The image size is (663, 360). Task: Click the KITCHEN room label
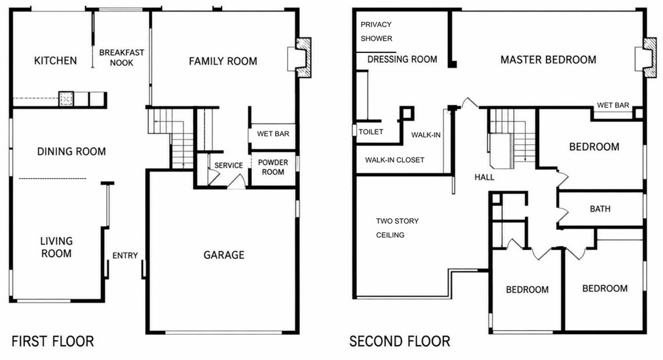click(x=56, y=60)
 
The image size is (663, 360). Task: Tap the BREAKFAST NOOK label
click(x=122, y=58)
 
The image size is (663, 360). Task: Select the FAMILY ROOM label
click(x=223, y=62)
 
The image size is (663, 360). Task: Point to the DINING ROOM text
click(x=71, y=152)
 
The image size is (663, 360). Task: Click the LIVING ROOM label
click(x=56, y=247)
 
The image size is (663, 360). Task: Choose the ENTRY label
click(x=125, y=256)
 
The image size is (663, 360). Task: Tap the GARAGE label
click(x=224, y=254)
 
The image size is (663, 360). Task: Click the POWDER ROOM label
click(x=273, y=167)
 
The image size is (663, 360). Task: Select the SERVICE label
click(x=229, y=165)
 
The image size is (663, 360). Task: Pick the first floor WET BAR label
click(x=273, y=133)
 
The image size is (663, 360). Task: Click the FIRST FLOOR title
click(x=53, y=341)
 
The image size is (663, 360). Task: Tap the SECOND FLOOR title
click(x=399, y=341)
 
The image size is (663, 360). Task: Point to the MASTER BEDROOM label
click(x=548, y=60)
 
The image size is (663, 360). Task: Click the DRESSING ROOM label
click(x=402, y=59)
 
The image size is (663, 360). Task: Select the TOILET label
click(x=371, y=132)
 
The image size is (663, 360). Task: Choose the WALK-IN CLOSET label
click(x=394, y=160)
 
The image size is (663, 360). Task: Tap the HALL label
click(x=484, y=177)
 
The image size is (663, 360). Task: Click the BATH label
click(x=600, y=209)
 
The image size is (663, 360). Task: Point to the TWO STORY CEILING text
click(x=398, y=228)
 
